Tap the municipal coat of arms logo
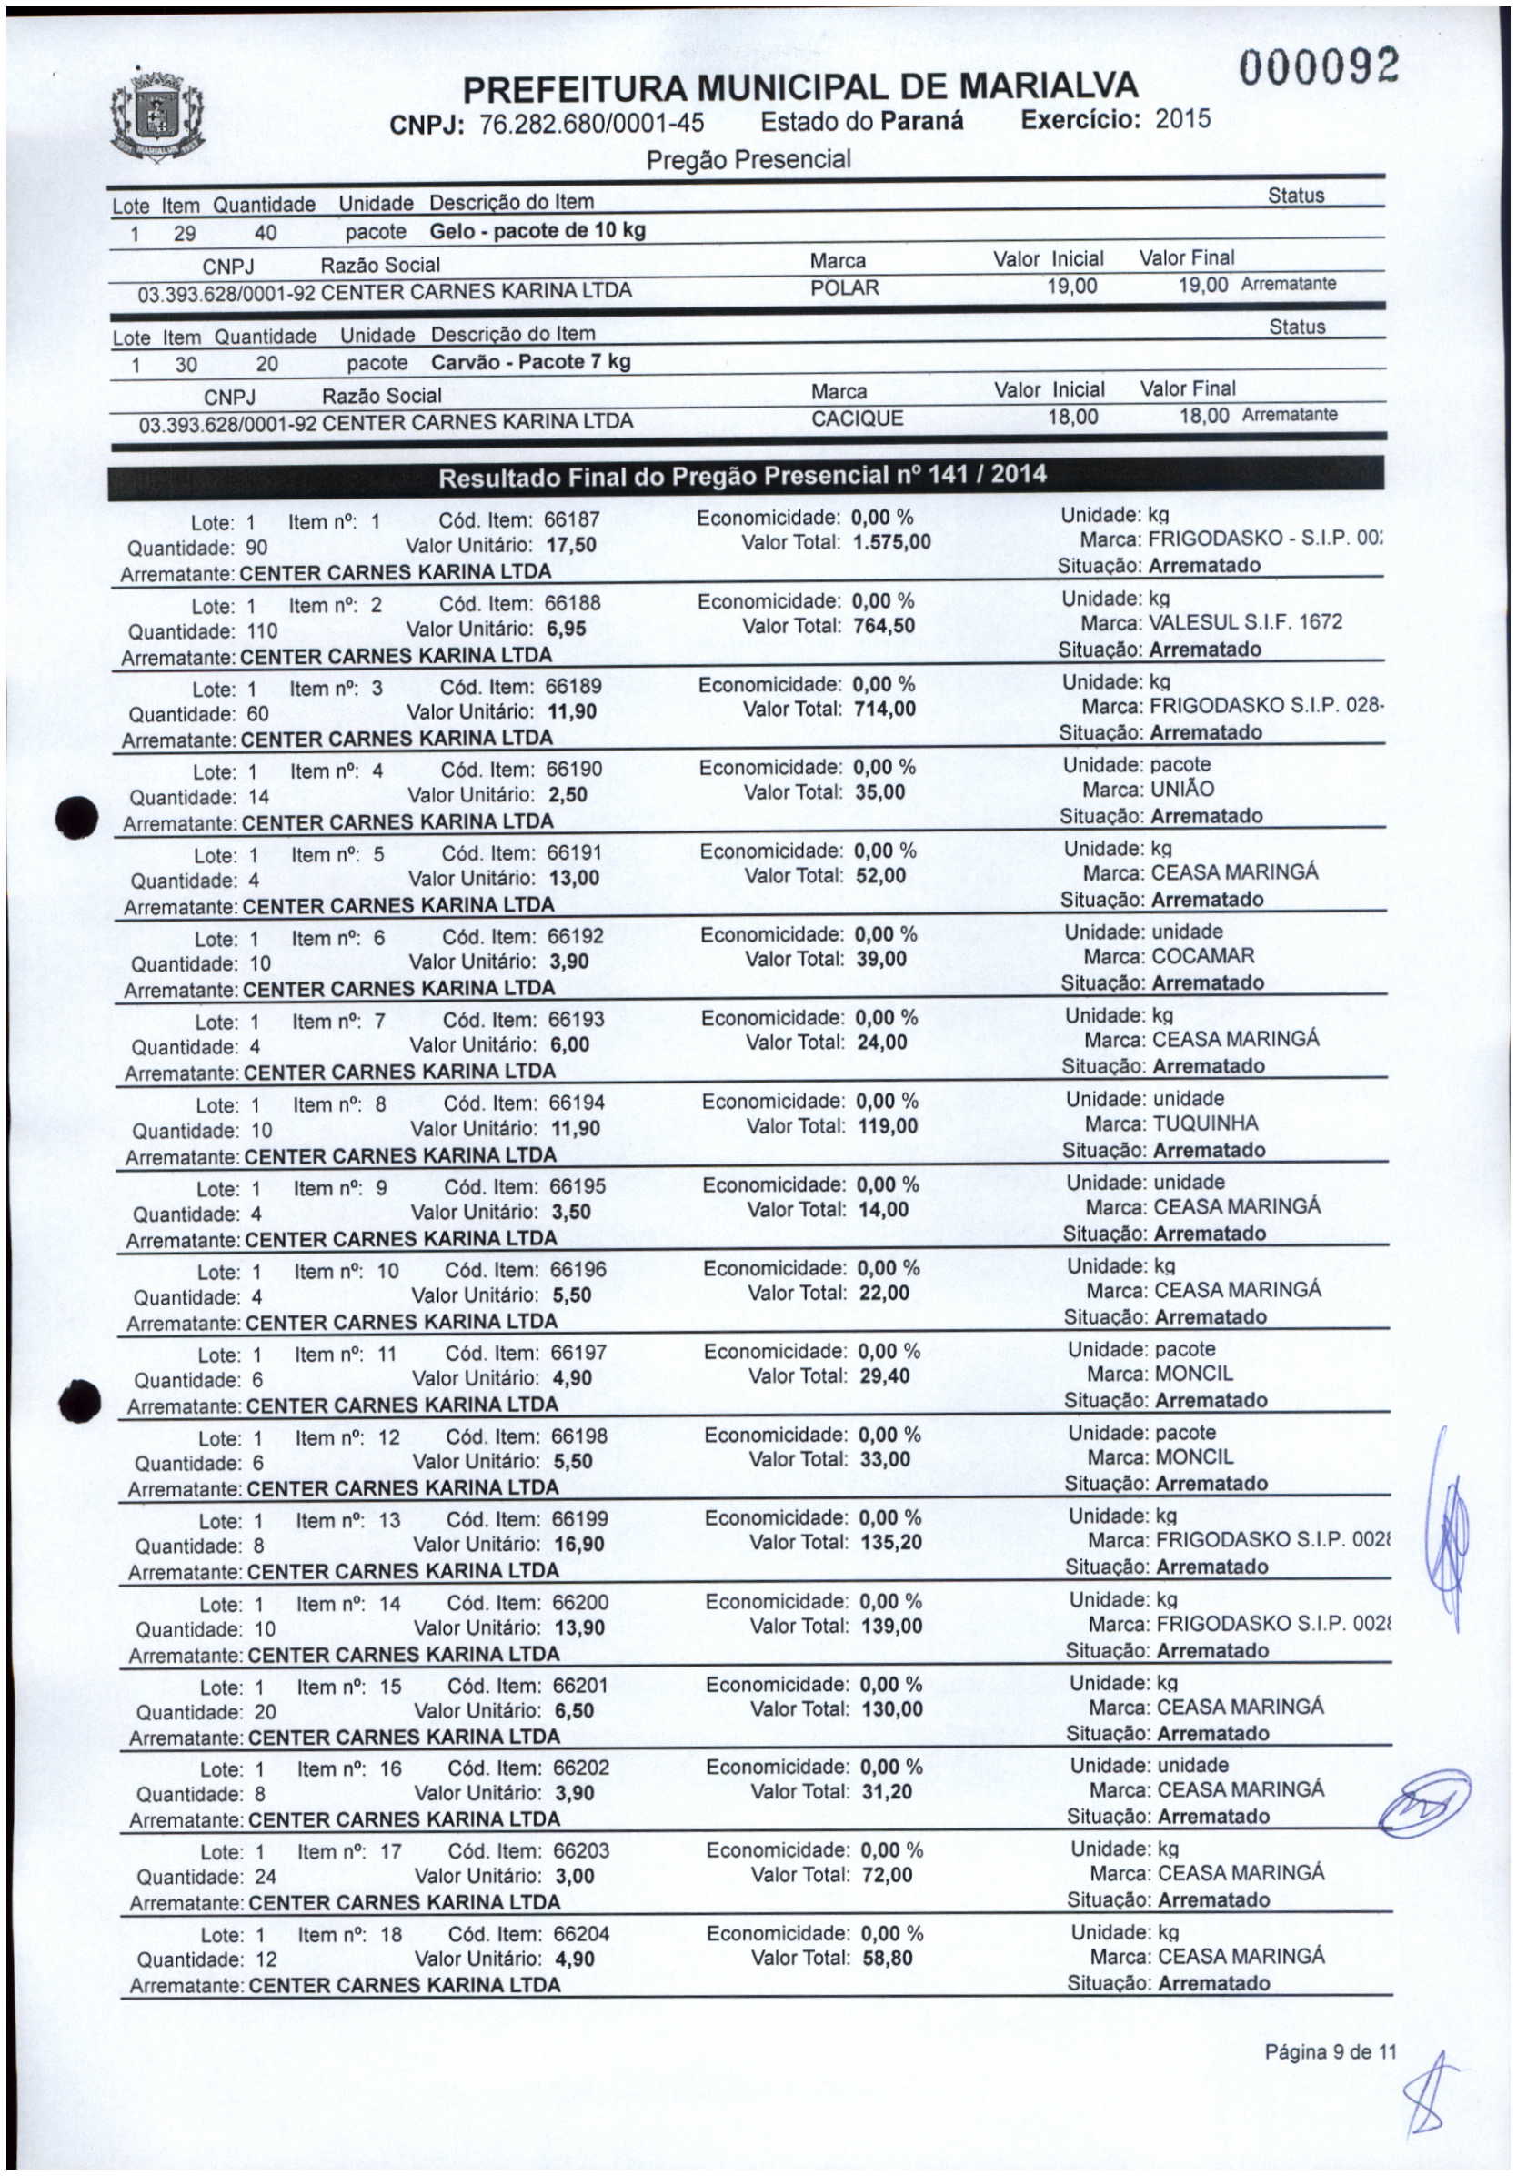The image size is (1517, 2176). (156, 120)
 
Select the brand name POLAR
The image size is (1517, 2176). (844, 287)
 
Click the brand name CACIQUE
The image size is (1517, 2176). (857, 418)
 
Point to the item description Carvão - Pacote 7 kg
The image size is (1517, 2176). (530, 362)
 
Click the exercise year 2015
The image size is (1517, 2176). (1182, 119)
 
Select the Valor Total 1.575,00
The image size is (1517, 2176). (891, 543)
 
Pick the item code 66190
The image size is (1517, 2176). (574, 770)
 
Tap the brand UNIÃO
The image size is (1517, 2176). (1181, 790)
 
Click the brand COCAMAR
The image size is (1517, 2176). (1202, 956)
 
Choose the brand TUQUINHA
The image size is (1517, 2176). (1205, 1124)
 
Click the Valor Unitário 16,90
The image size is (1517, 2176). (579, 1545)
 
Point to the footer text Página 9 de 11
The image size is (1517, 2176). (1331, 2052)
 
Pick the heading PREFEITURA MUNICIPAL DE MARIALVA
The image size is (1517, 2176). (799, 88)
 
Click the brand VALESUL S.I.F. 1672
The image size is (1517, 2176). (1245, 622)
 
